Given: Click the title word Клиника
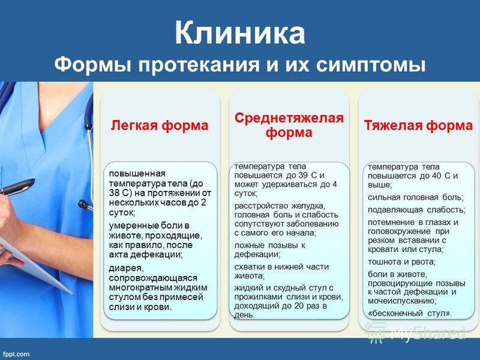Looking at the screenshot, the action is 240,33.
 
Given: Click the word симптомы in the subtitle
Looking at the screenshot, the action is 370,65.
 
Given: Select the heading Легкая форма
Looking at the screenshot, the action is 160,125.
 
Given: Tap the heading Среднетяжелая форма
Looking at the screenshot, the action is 289,125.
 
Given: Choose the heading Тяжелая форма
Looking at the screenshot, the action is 418,125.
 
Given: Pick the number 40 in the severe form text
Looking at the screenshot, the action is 436,176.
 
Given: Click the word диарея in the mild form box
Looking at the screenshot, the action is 126,268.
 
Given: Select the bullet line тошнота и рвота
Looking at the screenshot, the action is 401,262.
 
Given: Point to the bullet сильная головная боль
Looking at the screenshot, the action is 416,197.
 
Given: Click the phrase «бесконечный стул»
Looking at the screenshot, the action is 410,313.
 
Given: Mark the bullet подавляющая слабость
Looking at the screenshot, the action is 416,210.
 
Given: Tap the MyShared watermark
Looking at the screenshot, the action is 416,333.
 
